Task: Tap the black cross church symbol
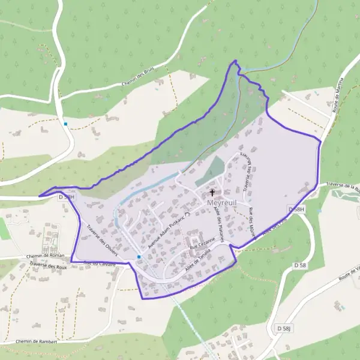pyautogui.click(x=212, y=193)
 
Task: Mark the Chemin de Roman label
pyautogui.click(x=44, y=257)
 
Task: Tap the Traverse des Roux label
pyautogui.click(x=48, y=266)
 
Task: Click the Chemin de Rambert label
pyautogui.click(x=37, y=341)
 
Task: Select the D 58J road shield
pyautogui.click(x=284, y=328)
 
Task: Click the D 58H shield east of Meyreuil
pyautogui.click(x=297, y=209)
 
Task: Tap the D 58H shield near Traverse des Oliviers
pyautogui.click(x=66, y=196)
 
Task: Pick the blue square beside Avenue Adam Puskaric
pyautogui.click(x=139, y=257)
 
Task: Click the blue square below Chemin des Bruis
pyautogui.click(x=65, y=124)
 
